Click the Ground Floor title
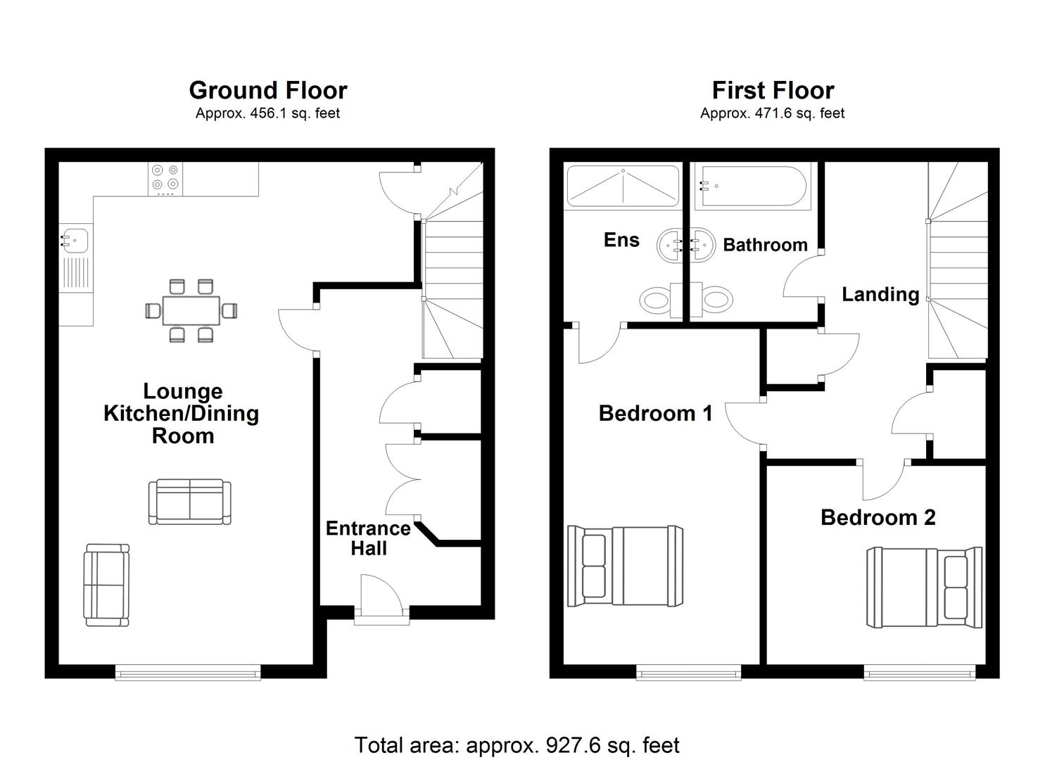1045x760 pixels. [x=267, y=91]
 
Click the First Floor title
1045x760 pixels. [x=772, y=91]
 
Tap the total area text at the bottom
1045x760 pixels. [x=517, y=745]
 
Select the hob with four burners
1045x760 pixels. [x=165, y=179]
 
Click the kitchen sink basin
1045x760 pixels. [x=75, y=240]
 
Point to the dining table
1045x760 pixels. [x=191, y=310]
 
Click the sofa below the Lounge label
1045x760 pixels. [x=190, y=502]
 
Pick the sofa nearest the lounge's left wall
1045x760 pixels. [x=106, y=585]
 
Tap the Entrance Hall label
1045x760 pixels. [x=368, y=538]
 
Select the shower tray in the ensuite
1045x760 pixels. [x=623, y=186]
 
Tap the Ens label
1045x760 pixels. [x=621, y=240]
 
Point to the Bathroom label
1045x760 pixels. [x=765, y=245]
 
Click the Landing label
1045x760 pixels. [x=880, y=294]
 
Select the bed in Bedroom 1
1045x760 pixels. [x=626, y=566]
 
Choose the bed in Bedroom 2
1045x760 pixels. [x=924, y=587]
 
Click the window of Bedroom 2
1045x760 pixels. [x=920, y=673]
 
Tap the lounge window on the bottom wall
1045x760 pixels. [x=188, y=673]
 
